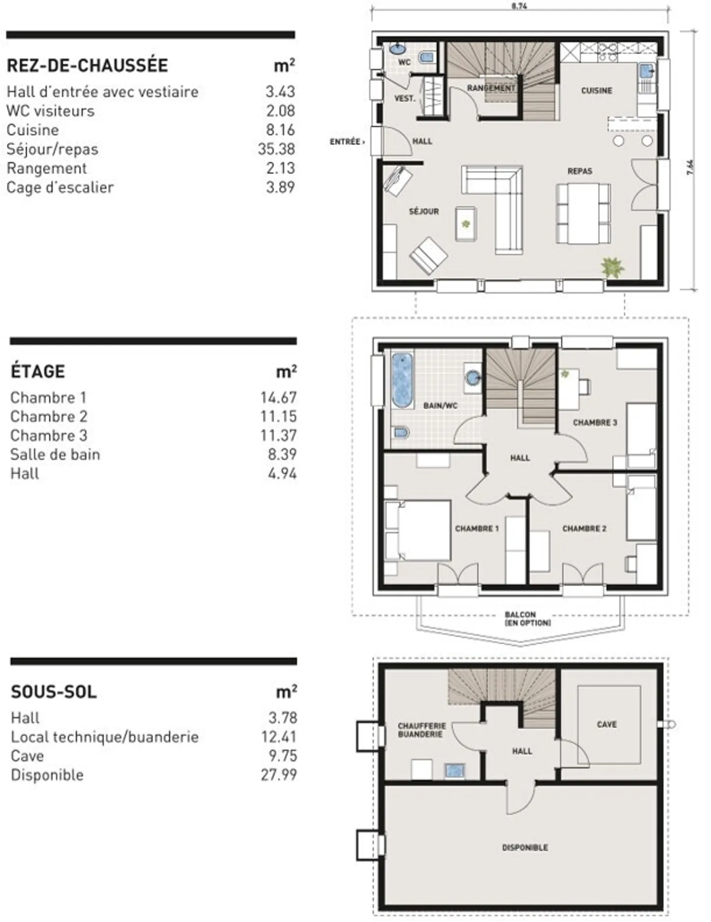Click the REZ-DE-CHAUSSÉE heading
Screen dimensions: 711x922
pyautogui.click(x=87, y=66)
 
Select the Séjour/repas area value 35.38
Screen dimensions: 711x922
pyautogui.click(x=276, y=149)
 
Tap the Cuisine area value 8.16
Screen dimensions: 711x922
pyautogui.click(x=280, y=130)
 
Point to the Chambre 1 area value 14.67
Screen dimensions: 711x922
pyautogui.click(x=278, y=398)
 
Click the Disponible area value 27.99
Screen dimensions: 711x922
pyautogui.click(x=279, y=774)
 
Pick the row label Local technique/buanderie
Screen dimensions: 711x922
pyautogui.click(x=105, y=737)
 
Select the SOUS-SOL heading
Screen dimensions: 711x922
pyautogui.click(x=54, y=692)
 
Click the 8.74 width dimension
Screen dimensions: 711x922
pyautogui.click(x=519, y=6)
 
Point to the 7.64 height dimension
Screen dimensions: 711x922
pyautogui.click(x=690, y=167)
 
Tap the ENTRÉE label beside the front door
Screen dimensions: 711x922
pyautogui.click(x=347, y=142)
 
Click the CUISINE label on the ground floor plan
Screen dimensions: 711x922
pyautogui.click(x=596, y=91)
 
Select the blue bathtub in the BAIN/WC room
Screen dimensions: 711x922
pyautogui.click(x=402, y=380)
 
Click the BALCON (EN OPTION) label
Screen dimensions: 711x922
pyautogui.click(x=527, y=619)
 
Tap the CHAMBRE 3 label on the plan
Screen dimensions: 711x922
pyautogui.click(x=595, y=423)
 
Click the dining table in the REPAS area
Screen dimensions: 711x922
pyautogui.click(x=583, y=213)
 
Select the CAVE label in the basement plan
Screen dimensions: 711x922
pyautogui.click(x=607, y=724)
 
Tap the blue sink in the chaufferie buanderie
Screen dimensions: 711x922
pyautogui.click(x=455, y=771)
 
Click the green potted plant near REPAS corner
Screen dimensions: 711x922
pyautogui.click(x=613, y=267)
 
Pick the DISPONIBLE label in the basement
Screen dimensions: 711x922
pyautogui.click(x=525, y=847)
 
